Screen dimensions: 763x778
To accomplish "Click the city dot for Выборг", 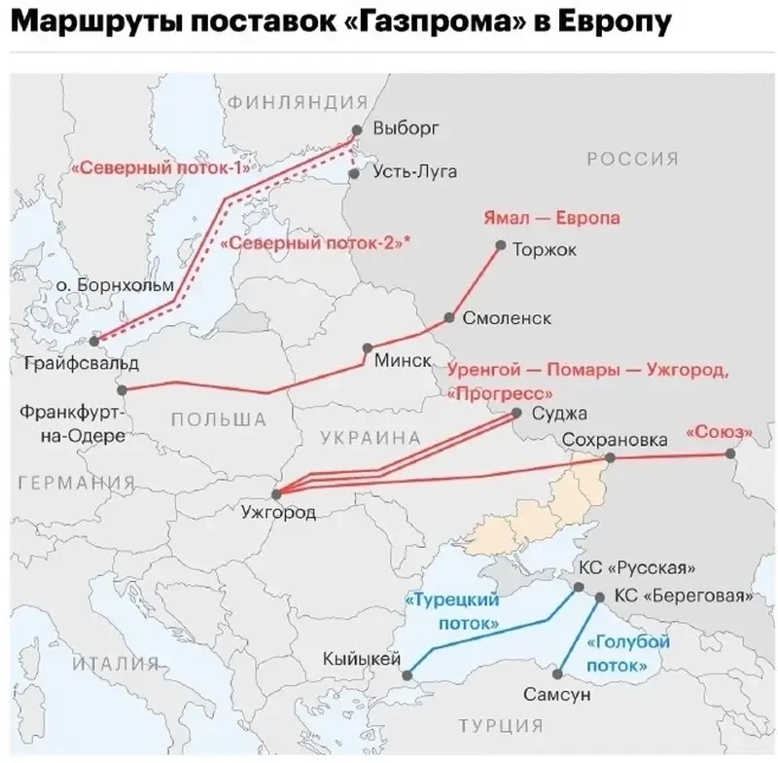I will point(356,128).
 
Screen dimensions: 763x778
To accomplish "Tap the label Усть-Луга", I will point(415,172).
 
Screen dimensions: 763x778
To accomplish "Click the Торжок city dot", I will point(500,247).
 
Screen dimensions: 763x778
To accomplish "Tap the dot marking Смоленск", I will point(450,318).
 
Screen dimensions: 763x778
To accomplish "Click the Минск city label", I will point(403,360).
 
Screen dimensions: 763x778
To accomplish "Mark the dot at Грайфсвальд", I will point(94,341).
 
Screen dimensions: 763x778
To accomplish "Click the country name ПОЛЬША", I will point(218,419).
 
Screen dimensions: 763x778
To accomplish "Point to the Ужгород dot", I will point(276,493).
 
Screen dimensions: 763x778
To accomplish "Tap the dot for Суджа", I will point(518,414).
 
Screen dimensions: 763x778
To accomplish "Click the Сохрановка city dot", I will point(610,457).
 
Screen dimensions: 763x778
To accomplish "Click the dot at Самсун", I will point(557,672).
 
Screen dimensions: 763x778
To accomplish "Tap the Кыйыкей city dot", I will point(407,673).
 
